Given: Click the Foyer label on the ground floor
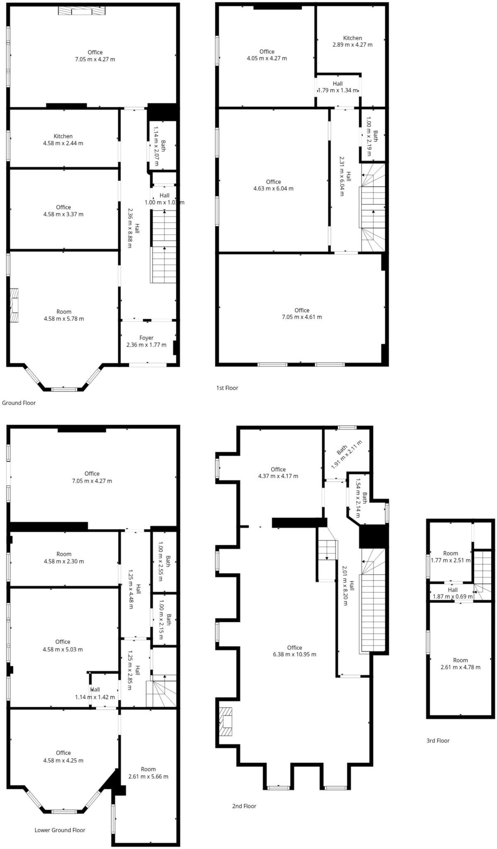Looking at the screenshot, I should pyautogui.click(x=146, y=341).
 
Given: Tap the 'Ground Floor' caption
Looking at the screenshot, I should pyautogui.click(x=19, y=403).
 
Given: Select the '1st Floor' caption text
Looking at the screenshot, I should pyautogui.click(x=227, y=388).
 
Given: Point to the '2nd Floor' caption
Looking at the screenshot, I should pyautogui.click(x=244, y=806).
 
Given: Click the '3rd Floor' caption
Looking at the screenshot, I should pyautogui.click(x=438, y=740).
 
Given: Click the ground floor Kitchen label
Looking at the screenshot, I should pyautogui.click(x=63, y=140).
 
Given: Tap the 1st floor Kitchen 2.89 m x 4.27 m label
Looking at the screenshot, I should pyautogui.click(x=352, y=41).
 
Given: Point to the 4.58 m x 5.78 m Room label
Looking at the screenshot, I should pyautogui.click(x=64, y=315).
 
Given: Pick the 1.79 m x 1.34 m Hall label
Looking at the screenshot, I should pyautogui.click(x=337, y=87).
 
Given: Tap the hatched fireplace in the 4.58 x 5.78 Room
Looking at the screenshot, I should pyautogui.click(x=15, y=305).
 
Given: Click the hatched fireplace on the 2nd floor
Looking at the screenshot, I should pyautogui.click(x=226, y=721).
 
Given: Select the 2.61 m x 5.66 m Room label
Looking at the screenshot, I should pyautogui.click(x=148, y=773).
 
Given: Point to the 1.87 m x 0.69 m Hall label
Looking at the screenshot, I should pyautogui.click(x=453, y=593).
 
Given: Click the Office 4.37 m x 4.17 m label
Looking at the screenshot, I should pyautogui.click(x=278, y=473).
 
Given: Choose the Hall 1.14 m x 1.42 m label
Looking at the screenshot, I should pyautogui.click(x=95, y=694).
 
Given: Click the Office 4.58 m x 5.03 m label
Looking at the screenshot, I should pyautogui.click(x=63, y=645).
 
